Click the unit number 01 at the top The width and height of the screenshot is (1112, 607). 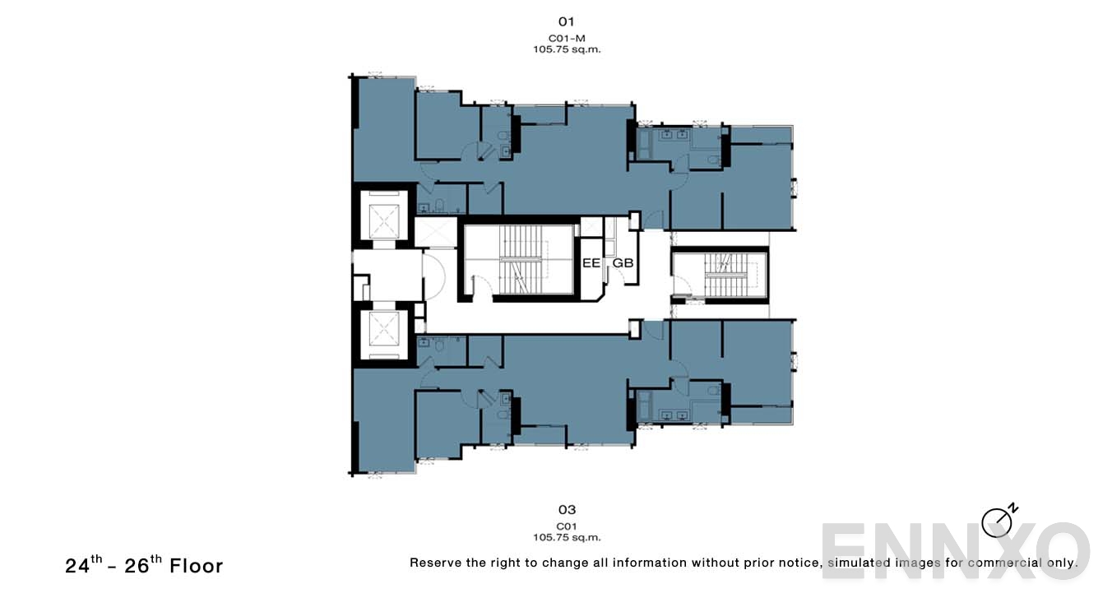point(566,21)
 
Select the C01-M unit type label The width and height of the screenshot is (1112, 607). point(566,39)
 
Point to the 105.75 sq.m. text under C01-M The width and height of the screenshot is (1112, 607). point(566,49)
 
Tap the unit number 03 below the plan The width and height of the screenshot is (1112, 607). point(566,510)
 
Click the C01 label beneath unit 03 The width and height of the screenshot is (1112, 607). point(566,526)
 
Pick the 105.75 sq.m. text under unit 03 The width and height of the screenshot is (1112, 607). point(566,538)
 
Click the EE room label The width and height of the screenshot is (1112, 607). point(591,263)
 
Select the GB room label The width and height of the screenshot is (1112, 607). point(623,263)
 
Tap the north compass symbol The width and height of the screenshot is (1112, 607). point(998,521)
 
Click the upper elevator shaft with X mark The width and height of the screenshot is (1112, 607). point(383,219)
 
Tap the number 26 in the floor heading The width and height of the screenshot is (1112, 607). point(137,567)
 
